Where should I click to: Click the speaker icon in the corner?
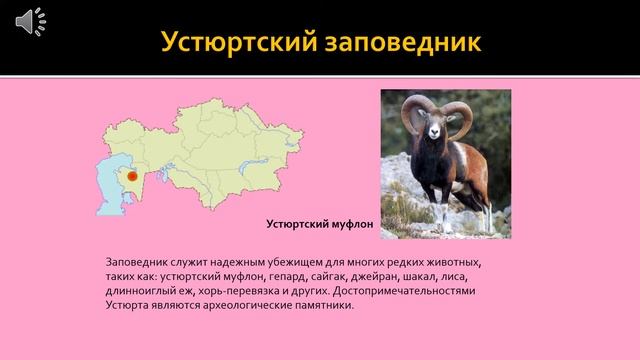coord(31,20)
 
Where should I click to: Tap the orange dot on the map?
coord(132,176)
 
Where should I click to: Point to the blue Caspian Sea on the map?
coord(107,184)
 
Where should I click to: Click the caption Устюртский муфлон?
coord(319,225)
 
